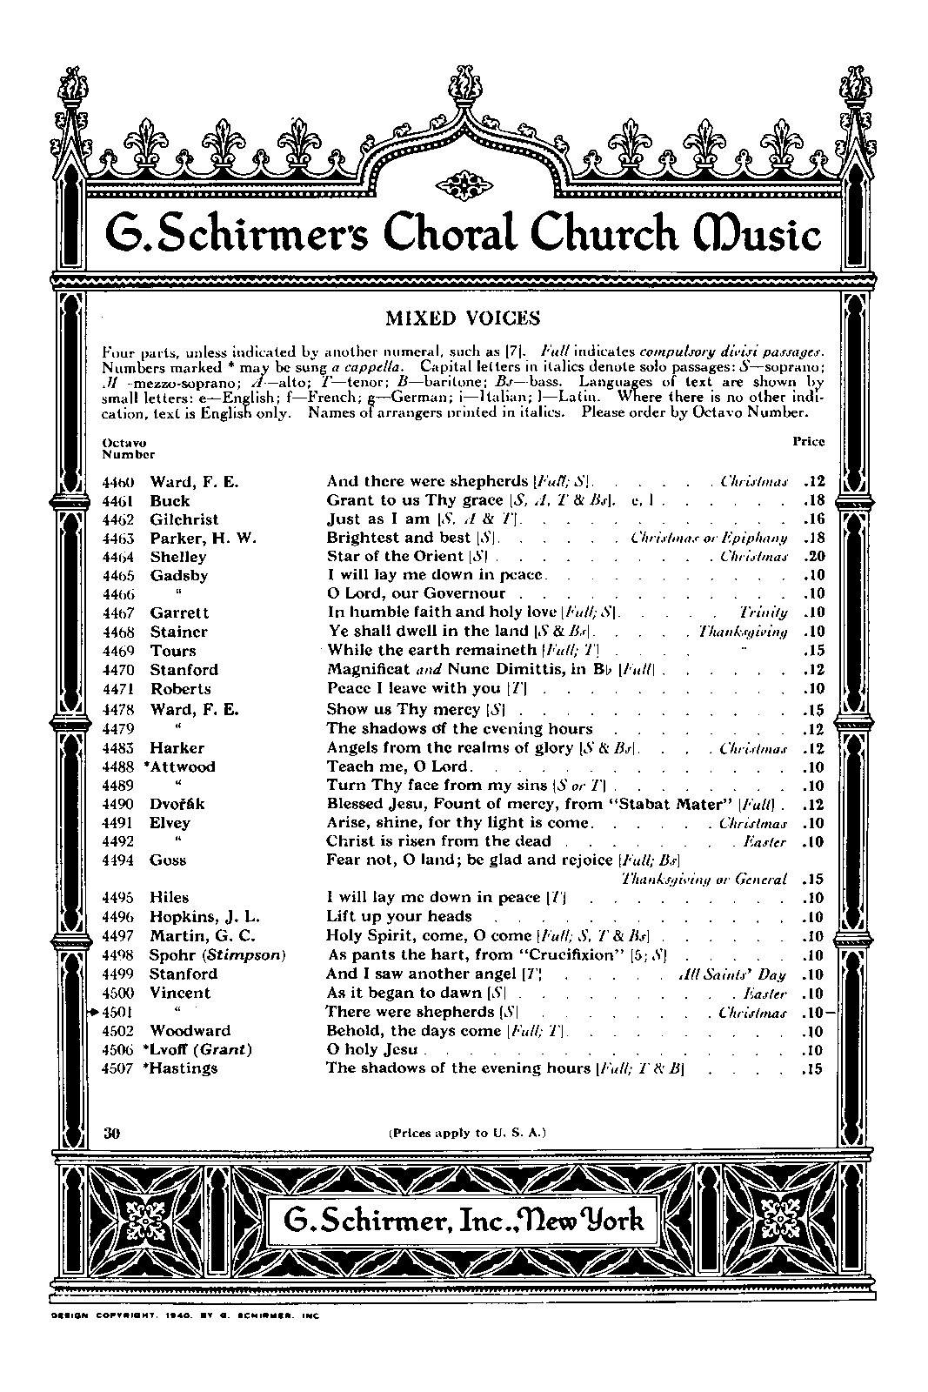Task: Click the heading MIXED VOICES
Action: (x=463, y=318)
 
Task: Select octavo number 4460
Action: (x=121, y=482)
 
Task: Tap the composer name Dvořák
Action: (x=177, y=804)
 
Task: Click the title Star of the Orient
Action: (x=396, y=556)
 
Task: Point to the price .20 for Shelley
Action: (x=813, y=556)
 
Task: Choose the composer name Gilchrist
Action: (x=184, y=519)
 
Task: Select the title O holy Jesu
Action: (x=372, y=1049)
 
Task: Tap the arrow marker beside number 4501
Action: (x=95, y=1012)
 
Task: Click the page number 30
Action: (x=110, y=1133)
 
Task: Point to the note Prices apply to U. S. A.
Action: (x=466, y=1133)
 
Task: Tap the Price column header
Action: (x=808, y=441)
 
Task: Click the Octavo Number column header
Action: (x=128, y=448)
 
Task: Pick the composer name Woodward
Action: (x=190, y=1031)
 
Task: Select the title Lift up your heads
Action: (x=399, y=917)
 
